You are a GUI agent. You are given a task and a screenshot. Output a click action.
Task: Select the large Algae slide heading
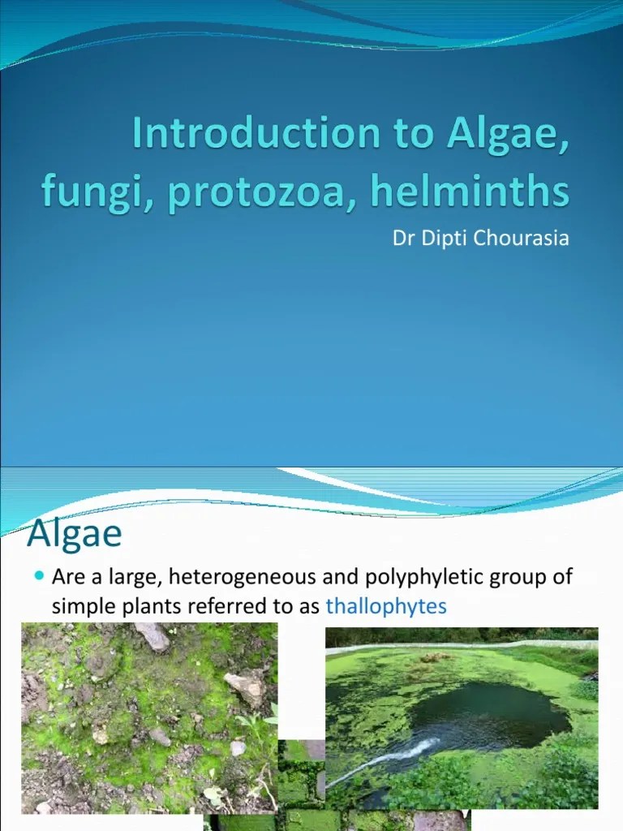pyautogui.click(x=75, y=534)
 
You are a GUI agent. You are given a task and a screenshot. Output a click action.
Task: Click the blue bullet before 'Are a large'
pyautogui.click(x=39, y=577)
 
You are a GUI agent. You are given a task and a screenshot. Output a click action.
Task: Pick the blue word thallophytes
pyautogui.click(x=385, y=606)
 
